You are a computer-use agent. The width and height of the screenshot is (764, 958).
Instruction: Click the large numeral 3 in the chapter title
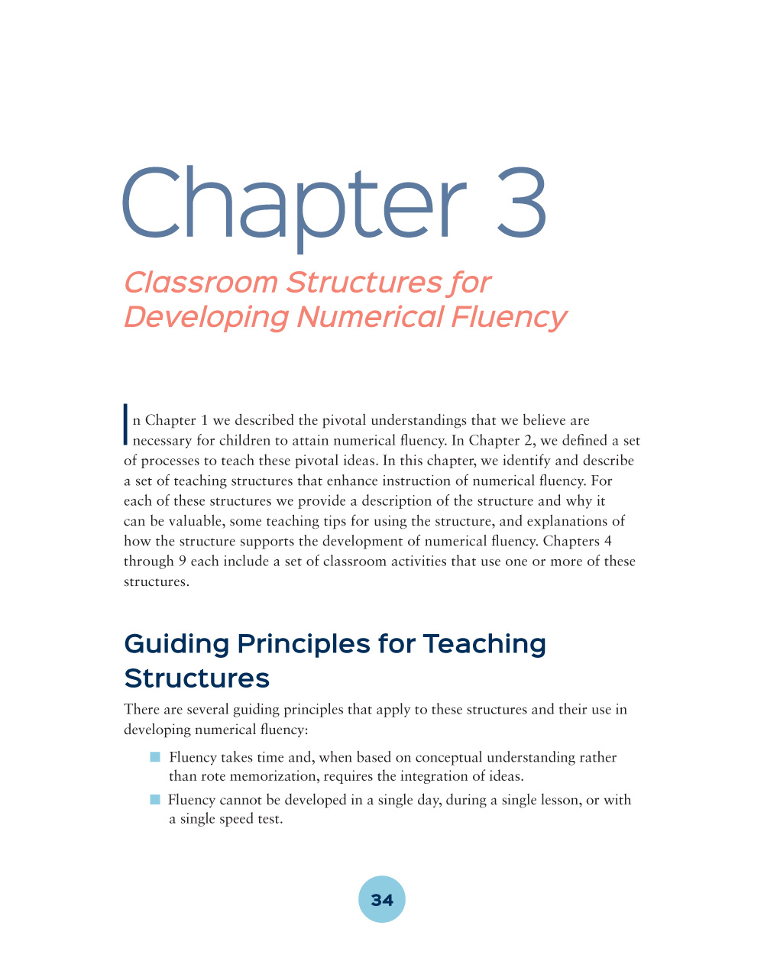click(522, 202)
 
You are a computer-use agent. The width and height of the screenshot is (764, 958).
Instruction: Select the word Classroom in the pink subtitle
click(201, 283)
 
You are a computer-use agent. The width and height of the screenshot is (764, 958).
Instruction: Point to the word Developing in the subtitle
click(206, 317)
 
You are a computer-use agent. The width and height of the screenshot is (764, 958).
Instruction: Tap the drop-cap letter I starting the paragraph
click(125, 424)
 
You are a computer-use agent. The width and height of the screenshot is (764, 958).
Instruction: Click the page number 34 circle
click(382, 899)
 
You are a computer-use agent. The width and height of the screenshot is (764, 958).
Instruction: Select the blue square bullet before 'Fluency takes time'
click(155, 757)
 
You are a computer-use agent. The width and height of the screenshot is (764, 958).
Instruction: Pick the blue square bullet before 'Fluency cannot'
click(155, 800)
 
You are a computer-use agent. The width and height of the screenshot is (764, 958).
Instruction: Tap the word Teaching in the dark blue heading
click(484, 644)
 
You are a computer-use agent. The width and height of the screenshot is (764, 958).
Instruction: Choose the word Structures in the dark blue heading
click(197, 678)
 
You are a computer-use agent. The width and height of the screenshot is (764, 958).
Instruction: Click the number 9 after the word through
click(182, 562)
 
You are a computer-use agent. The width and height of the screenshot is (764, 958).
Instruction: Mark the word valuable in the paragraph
click(195, 521)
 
